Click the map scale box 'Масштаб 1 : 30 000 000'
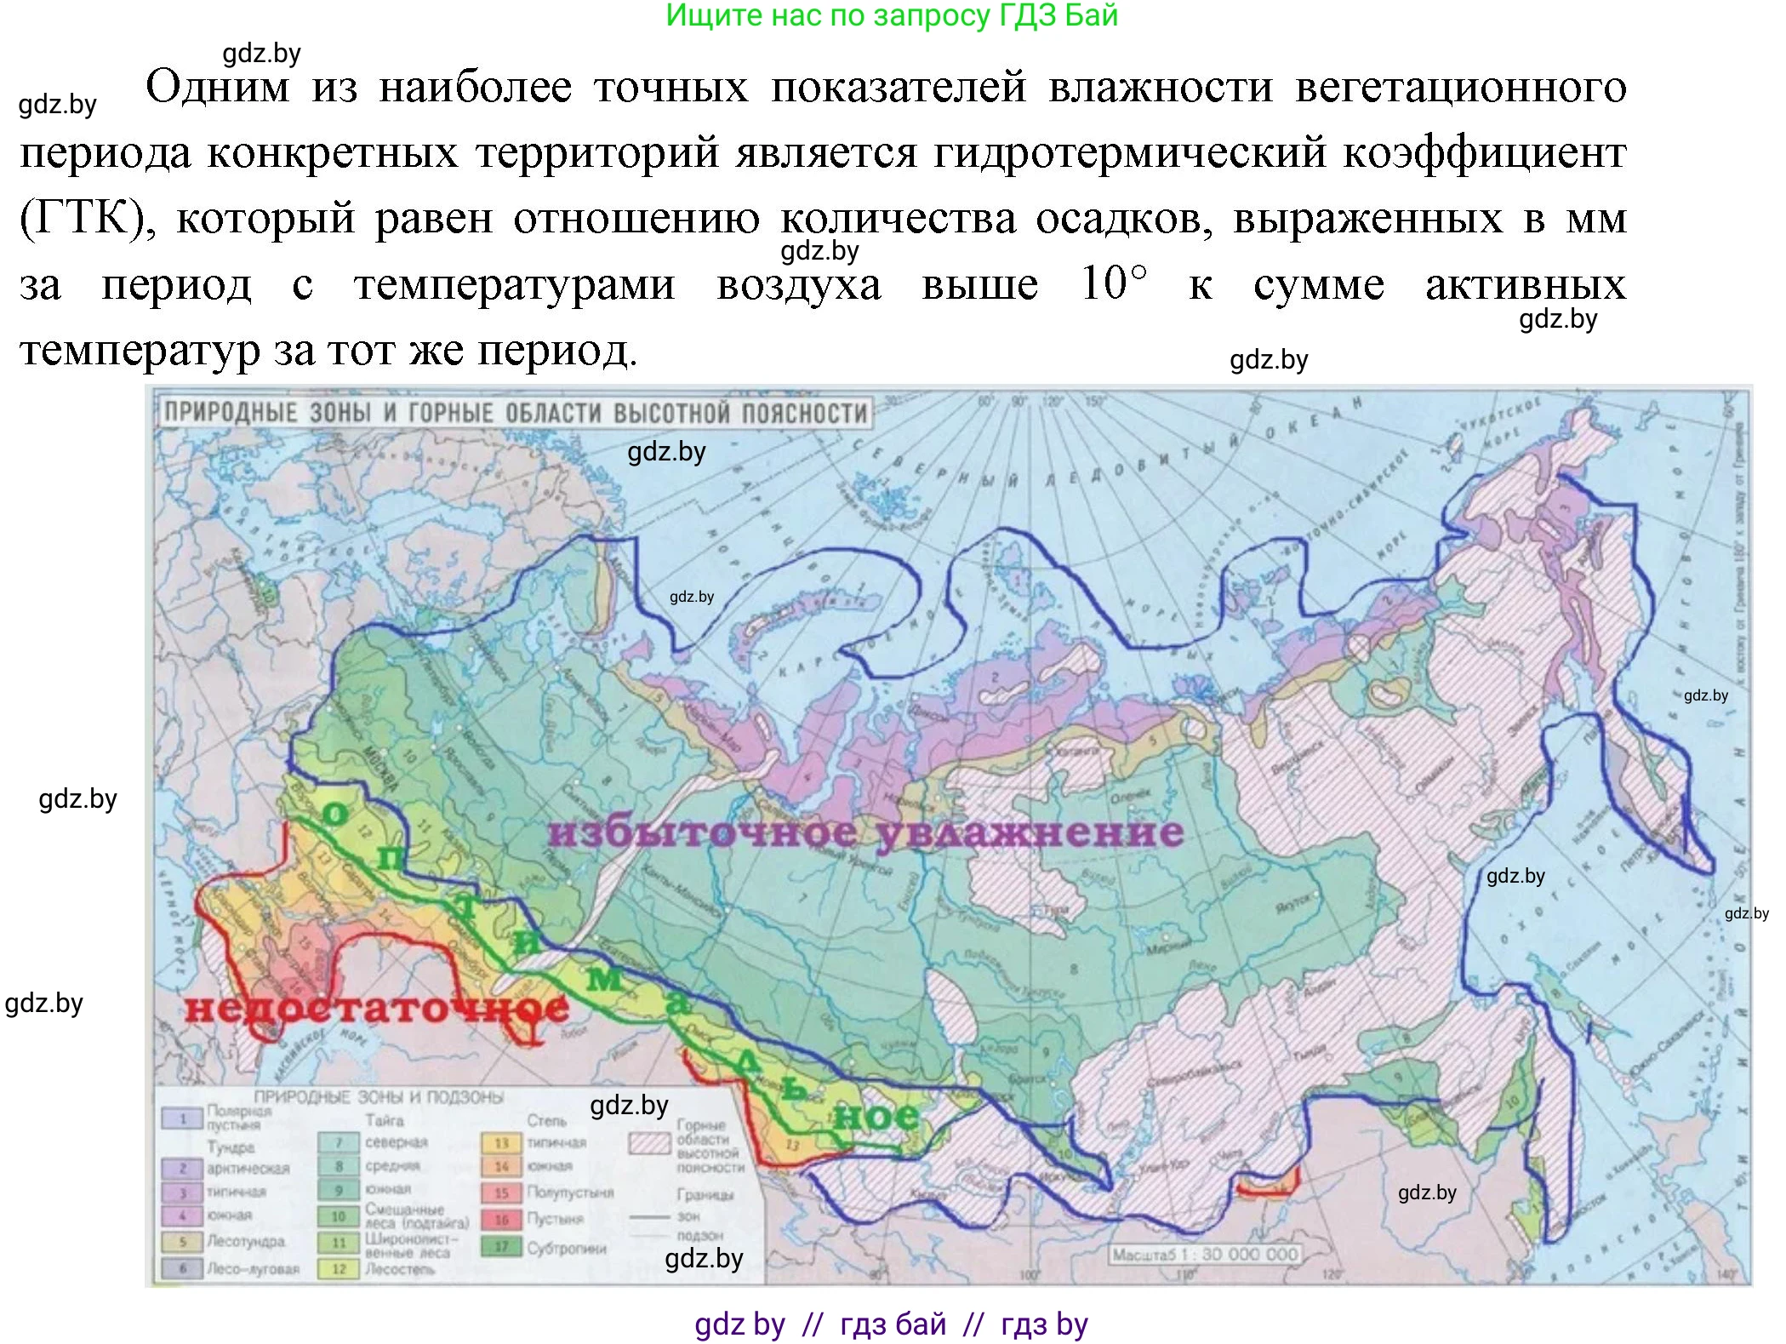click(x=1205, y=1254)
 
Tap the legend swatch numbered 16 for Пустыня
click(x=501, y=1219)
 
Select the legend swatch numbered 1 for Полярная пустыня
click(x=182, y=1118)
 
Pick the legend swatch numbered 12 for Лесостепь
click(x=339, y=1268)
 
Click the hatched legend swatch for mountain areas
click(x=649, y=1142)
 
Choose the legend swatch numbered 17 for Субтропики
click(x=501, y=1247)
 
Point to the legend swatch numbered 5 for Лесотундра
click(x=182, y=1242)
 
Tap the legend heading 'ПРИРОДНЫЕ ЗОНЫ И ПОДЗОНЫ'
click(x=379, y=1097)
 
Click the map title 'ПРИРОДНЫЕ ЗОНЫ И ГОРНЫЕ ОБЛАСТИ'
click(x=516, y=413)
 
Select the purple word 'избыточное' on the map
click(x=702, y=832)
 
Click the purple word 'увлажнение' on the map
click(x=1030, y=832)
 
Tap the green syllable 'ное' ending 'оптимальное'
click(x=876, y=1115)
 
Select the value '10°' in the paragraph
click(x=1114, y=283)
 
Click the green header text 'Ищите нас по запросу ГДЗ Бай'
click(x=891, y=15)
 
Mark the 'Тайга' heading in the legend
click(x=384, y=1121)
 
